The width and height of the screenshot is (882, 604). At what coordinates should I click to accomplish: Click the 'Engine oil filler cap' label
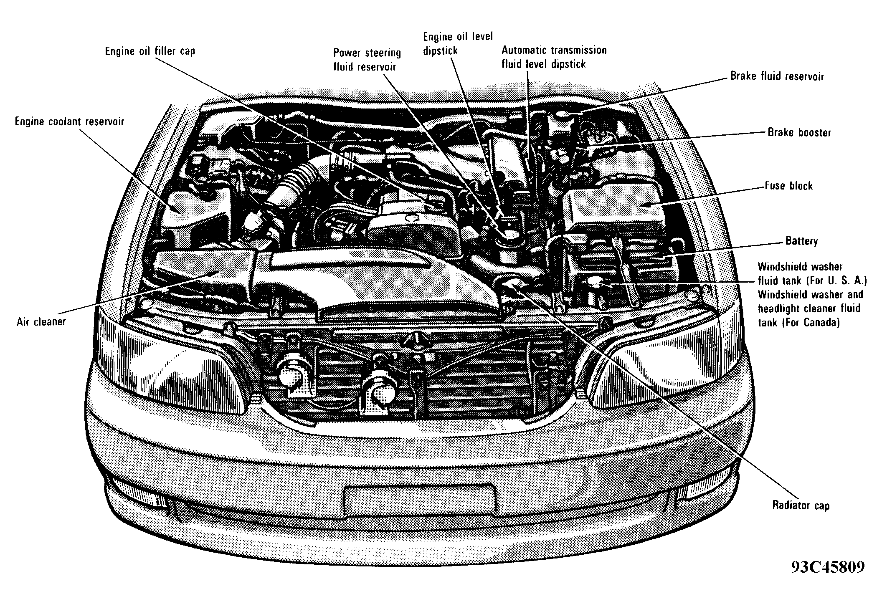(150, 51)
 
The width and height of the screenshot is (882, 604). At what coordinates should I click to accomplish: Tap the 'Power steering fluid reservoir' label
(367, 60)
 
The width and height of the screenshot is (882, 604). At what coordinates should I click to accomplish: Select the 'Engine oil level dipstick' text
(458, 43)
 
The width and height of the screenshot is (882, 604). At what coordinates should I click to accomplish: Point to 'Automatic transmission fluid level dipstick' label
(553, 57)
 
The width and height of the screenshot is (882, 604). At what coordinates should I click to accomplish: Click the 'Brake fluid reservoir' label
(777, 76)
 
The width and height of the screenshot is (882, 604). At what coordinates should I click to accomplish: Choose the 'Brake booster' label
(799, 132)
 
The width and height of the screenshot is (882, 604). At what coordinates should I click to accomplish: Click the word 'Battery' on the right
(801, 241)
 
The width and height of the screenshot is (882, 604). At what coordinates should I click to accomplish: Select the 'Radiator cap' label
(801, 505)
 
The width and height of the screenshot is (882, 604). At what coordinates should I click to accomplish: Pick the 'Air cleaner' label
(41, 322)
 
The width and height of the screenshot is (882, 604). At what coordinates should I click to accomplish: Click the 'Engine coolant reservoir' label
(69, 121)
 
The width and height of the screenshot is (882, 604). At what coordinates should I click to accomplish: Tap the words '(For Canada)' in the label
(798, 323)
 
